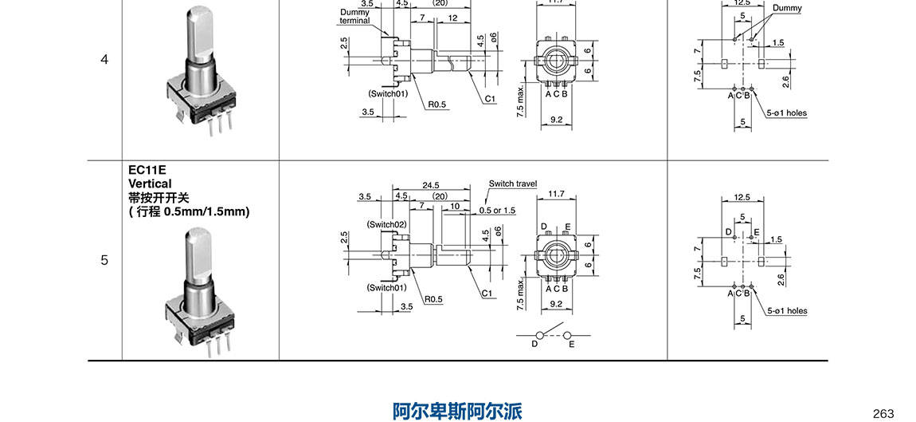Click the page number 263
click(x=883, y=413)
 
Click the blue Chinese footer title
click(x=457, y=411)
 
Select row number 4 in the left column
click(x=104, y=60)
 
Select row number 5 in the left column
click(x=104, y=260)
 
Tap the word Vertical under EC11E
click(x=150, y=183)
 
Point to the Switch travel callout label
click(x=513, y=183)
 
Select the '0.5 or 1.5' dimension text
click(x=497, y=211)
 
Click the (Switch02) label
click(x=387, y=224)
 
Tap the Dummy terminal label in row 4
click(x=355, y=16)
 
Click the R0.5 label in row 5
click(x=433, y=299)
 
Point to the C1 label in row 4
click(x=491, y=99)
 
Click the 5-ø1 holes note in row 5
click(x=786, y=311)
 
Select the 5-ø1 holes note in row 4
click(x=786, y=113)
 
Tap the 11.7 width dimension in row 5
click(x=557, y=194)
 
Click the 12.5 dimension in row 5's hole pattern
click(x=742, y=197)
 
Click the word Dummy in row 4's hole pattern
click(x=787, y=8)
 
